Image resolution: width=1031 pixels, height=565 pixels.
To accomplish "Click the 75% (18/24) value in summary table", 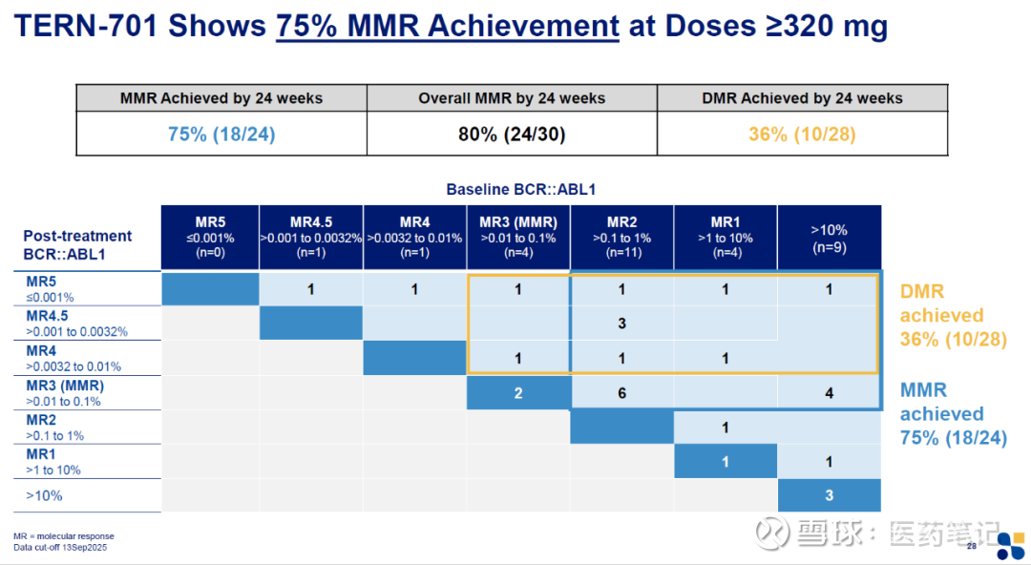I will click(221, 135).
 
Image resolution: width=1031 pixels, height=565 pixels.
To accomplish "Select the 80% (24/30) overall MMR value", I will click(512, 135).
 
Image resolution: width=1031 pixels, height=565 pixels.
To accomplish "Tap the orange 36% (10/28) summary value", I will click(802, 135).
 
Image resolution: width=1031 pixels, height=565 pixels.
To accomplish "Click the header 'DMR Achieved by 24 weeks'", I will click(802, 98).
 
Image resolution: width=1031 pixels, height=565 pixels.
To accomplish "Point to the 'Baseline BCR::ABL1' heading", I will click(520, 190).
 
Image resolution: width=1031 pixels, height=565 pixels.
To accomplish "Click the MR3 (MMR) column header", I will click(518, 237).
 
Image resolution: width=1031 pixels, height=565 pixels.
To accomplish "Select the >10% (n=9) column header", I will click(829, 237).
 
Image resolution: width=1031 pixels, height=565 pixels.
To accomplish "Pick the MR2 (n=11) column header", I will click(621, 237).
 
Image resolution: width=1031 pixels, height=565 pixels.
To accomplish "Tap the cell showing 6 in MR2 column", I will click(621, 392).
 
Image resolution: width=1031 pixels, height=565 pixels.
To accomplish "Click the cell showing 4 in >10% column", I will click(829, 392).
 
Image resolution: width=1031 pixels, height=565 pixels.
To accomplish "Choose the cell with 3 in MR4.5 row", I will click(621, 324).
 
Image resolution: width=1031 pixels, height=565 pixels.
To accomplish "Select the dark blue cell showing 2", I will click(518, 392).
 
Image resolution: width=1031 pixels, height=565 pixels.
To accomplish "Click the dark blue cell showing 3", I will click(829, 495).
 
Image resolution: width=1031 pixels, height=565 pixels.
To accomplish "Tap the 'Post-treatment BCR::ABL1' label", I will click(77, 244).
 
